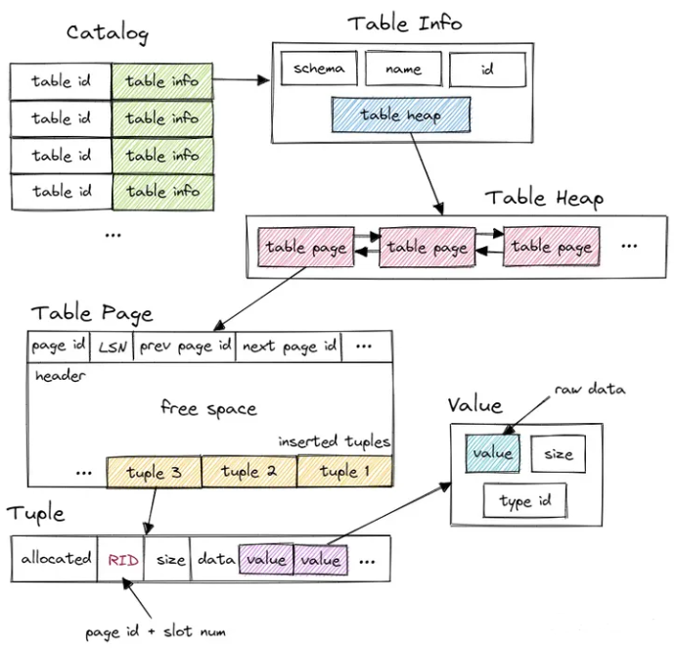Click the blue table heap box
401,116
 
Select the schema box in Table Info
318,69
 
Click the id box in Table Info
486,69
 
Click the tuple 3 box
153,473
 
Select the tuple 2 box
248,473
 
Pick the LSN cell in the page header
113,347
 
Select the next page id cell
289,347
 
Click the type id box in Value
525,502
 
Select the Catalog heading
107,32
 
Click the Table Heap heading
544,198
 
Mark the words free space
208,408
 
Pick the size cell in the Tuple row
170,559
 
